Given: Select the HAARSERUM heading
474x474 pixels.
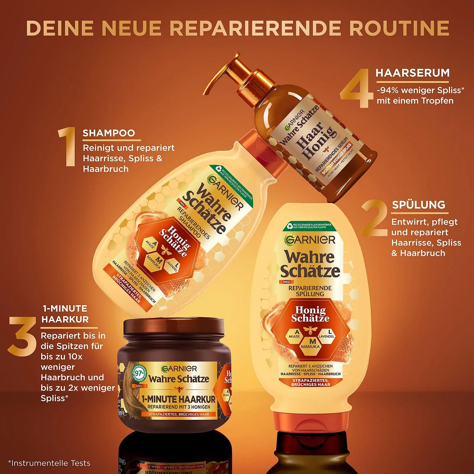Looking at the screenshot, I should tap(412, 73).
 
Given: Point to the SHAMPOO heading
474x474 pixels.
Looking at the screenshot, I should tap(109, 133).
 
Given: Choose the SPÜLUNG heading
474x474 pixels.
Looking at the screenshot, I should tap(419, 205).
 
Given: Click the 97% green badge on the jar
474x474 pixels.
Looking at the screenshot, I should tap(139, 373).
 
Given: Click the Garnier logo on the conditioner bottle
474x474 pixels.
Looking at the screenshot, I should tap(310, 240).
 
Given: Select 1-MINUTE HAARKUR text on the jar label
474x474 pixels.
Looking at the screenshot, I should tap(179, 399).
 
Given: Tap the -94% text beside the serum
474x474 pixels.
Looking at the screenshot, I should tap(387, 90).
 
